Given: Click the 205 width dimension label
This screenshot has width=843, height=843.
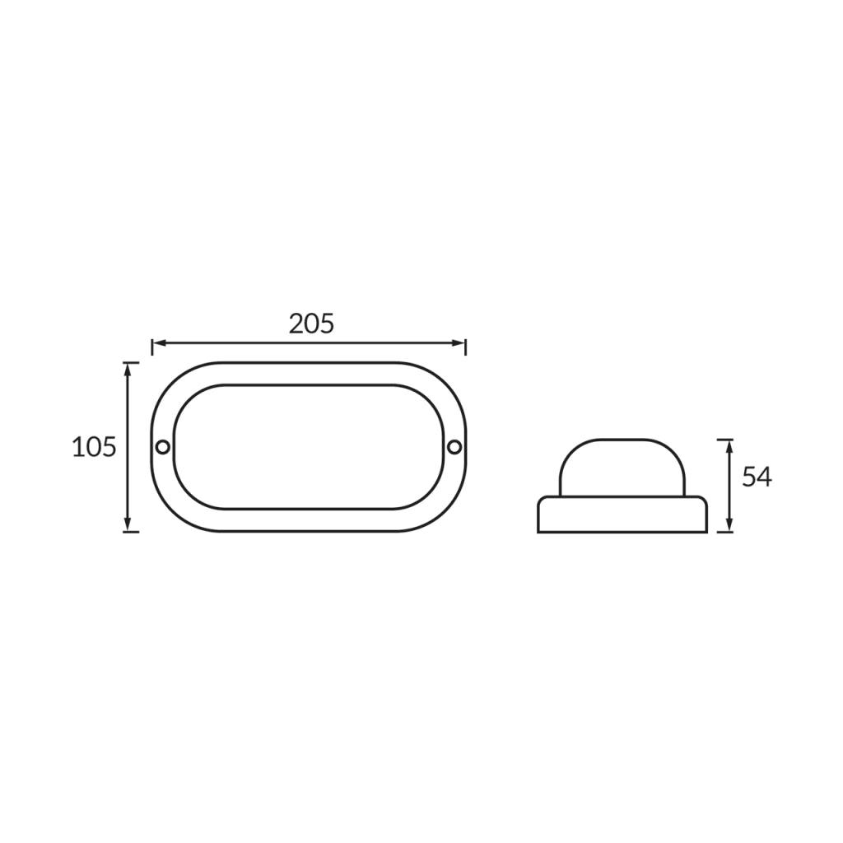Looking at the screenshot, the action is coord(311,324).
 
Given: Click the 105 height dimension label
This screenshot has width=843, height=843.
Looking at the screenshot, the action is coord(94,447).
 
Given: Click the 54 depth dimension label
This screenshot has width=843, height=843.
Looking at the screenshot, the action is coord(757,477).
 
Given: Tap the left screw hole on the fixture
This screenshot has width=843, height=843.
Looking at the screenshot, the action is coord(162,447).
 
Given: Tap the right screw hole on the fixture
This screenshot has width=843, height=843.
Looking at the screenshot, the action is coord(454,447).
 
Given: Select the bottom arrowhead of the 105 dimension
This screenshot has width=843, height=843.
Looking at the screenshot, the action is coord(128,524).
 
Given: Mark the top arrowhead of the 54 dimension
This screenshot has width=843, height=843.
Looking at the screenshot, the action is coord(729,446).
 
